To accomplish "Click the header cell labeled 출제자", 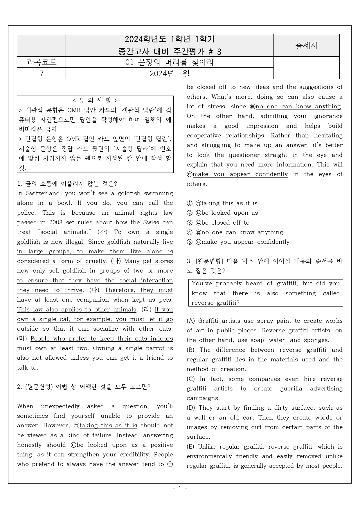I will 306,46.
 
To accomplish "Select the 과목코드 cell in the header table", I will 41,62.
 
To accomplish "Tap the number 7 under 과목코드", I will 41,74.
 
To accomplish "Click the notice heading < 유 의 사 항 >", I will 95,100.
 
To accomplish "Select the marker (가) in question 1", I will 102,232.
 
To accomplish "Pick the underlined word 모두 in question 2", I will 121,387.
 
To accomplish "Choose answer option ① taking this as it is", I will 222,203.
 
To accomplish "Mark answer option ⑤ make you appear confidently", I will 238,242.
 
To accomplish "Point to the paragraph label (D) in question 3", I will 191,408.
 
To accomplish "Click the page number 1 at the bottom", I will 180,488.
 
